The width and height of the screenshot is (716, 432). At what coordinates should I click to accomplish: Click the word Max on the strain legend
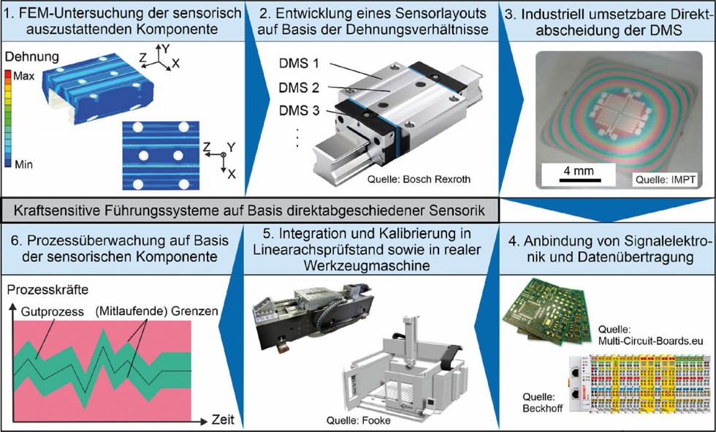pos(24,75)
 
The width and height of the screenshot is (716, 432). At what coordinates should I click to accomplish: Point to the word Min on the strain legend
pos(23,164)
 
